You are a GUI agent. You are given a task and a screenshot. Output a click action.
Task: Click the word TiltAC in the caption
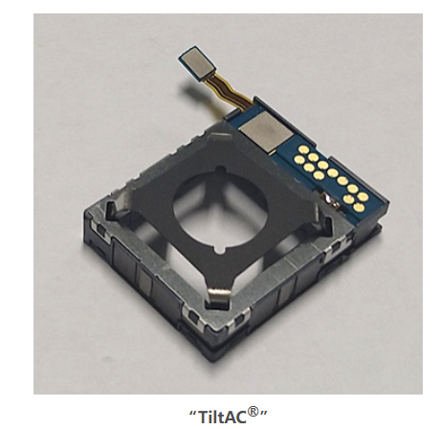(x=223, y=416)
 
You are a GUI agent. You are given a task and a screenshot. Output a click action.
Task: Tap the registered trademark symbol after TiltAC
(x=253, y=411)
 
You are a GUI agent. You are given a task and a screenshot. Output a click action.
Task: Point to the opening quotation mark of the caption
(x=193, y=412)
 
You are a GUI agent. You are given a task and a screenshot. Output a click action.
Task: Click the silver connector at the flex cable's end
(x=197, y=63)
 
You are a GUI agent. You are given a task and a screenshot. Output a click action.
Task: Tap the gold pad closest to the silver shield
(x=300, y=149)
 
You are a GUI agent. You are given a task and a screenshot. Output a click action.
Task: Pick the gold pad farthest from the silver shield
(x=359, y=208)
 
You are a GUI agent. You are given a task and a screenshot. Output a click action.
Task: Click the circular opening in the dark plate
(x=220, y=209)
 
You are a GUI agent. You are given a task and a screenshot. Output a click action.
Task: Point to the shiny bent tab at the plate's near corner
(x=219, y=294)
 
